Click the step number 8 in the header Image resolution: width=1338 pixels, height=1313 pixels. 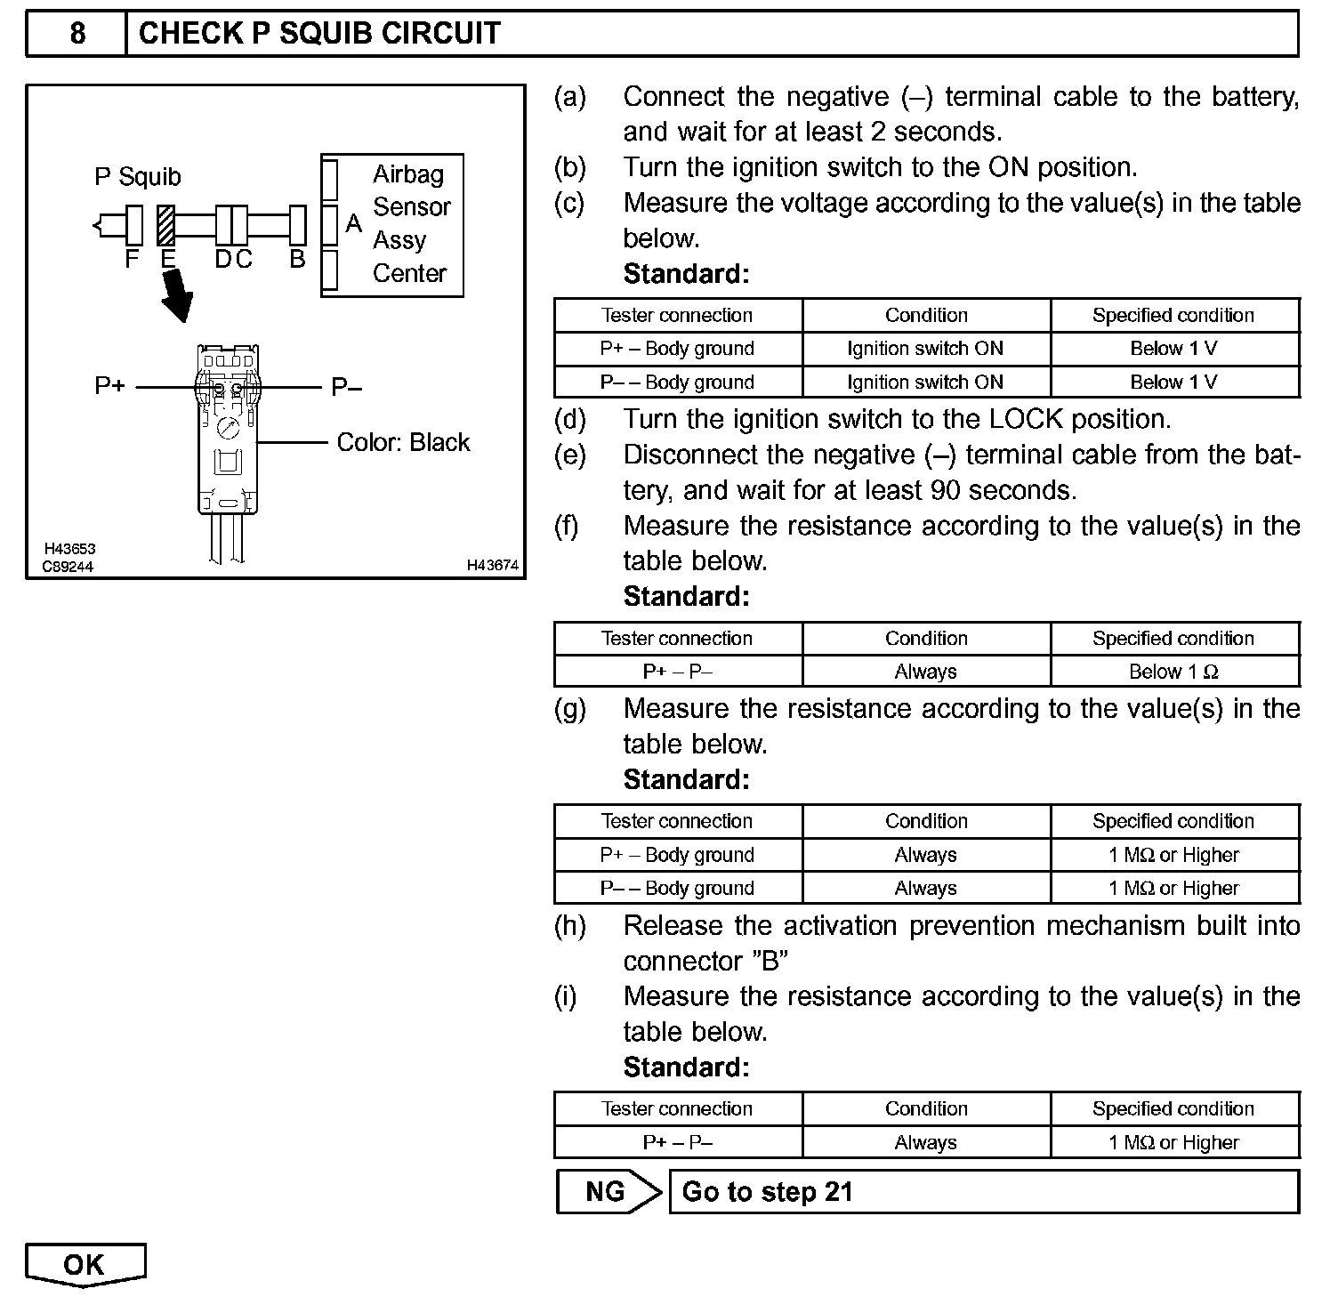point(77,34)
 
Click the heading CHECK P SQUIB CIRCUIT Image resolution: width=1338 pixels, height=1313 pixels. point(319,34)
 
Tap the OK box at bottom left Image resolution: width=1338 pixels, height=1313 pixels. point(85,1264)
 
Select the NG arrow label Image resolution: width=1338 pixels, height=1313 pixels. point(606,1191)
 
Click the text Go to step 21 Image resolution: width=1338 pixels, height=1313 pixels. point(767,1192)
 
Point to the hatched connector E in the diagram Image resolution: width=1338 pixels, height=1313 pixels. point(166,226)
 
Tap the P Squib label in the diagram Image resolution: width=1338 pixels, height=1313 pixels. point(137,177)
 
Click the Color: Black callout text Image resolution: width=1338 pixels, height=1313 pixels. point(403,442)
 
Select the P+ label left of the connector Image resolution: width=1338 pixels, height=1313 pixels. point(110,387)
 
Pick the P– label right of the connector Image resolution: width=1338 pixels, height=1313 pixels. point(347,387)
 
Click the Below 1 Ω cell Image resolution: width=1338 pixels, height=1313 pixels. point(1173,672)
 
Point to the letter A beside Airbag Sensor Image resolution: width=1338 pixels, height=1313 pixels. point(354,223)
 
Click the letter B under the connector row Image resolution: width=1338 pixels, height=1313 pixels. point(298,259)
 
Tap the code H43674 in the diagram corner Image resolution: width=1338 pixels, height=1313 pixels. point(492,566)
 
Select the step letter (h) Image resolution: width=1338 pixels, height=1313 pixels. point(569,926)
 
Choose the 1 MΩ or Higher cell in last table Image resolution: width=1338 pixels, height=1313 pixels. point(1173,1142)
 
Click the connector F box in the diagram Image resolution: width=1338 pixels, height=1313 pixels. point(134,226)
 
